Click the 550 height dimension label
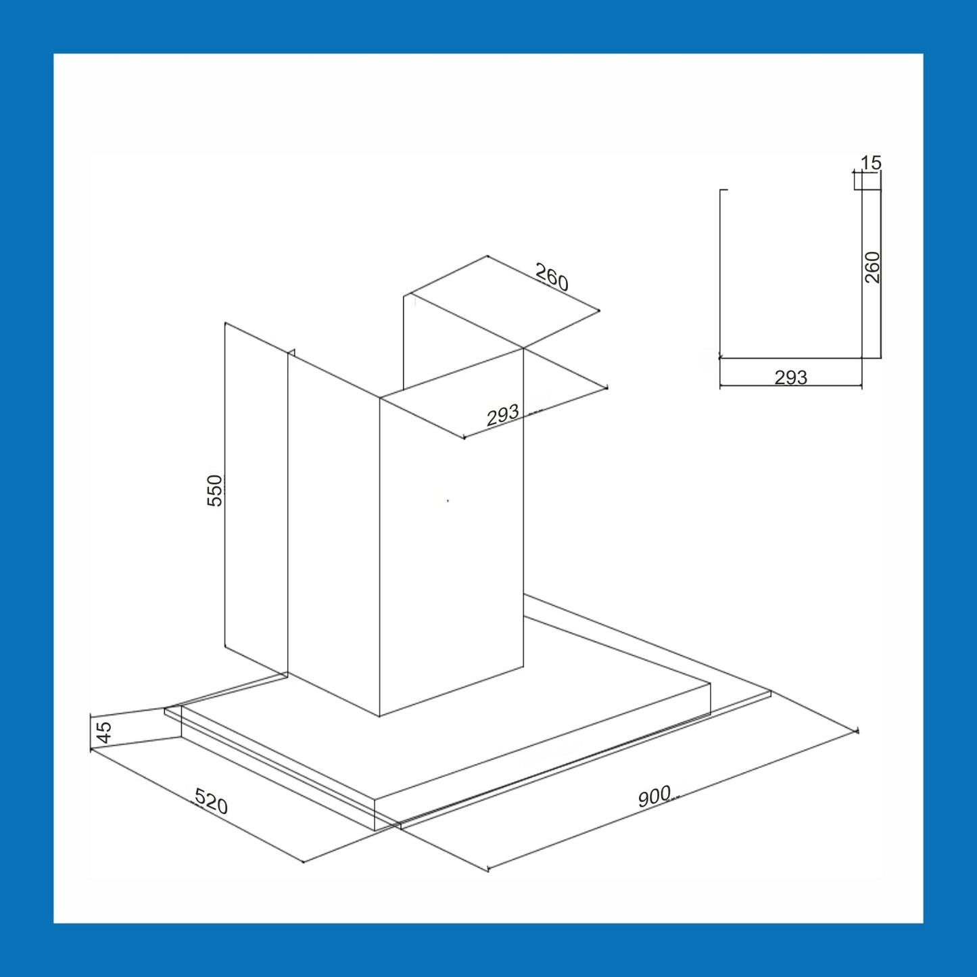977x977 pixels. tap(215, 490)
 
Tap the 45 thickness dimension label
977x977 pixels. tap(104, 732)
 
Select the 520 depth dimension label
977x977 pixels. tap(211, 802)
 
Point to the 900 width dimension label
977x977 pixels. tap(654, 796)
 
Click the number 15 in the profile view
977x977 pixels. tap(871, 163)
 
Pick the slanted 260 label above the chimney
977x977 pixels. tap(552, 277)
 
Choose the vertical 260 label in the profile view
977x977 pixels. tap(872, 267)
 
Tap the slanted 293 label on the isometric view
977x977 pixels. tap(503, 415)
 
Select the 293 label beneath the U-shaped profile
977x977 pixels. tap(791, 377)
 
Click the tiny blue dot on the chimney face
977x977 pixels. tap(448, 501)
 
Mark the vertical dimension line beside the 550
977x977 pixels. tap(225, 485)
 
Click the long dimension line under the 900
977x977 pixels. tap(673, 800)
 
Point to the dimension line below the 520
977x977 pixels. tap(197, 806)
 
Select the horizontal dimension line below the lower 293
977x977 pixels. tap(791, 386)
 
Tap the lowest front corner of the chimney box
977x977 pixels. tap(379, 717)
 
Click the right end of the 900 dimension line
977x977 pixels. tap(857, 731)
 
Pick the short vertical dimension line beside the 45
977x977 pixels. tap(90, 732)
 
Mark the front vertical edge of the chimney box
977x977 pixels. tap(380, 556)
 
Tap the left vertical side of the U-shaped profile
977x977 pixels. tap(720, 274)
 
